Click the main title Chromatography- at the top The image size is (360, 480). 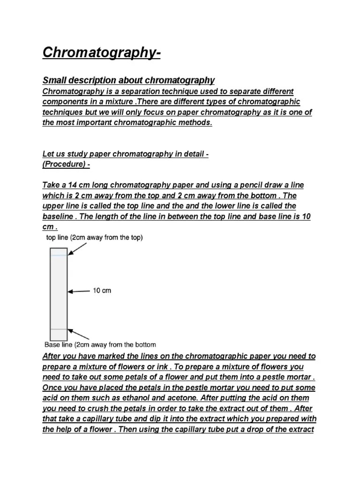102,52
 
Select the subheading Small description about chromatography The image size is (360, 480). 128,80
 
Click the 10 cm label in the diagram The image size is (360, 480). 102,291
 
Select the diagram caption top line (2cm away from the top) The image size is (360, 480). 94,238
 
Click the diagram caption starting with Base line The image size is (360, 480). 100,345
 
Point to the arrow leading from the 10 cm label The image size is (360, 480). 79,291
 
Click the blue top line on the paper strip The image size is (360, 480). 59,255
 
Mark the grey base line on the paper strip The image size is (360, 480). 59,330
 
